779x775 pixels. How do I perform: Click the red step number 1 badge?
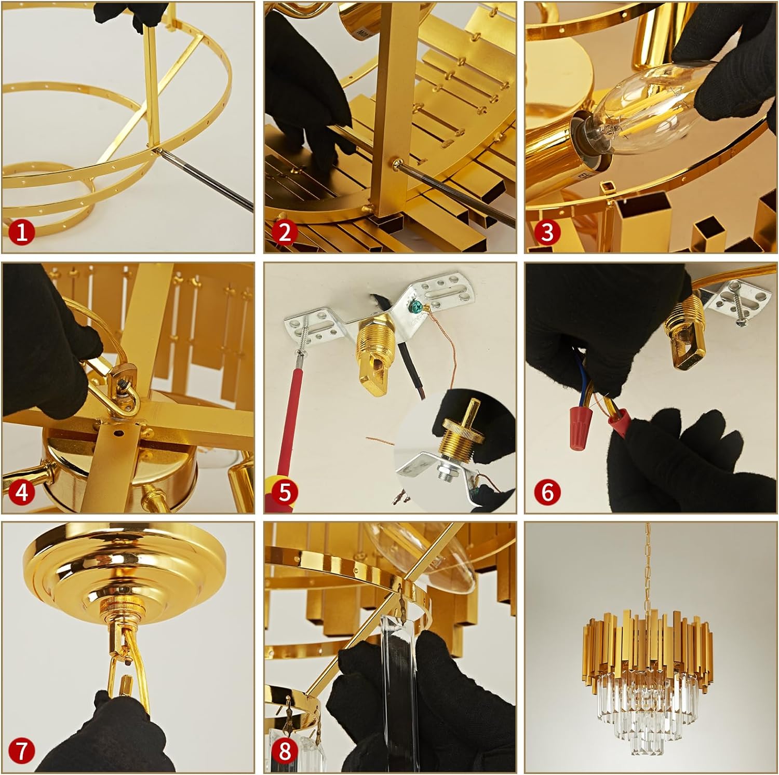21,233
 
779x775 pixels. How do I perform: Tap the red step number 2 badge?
285,233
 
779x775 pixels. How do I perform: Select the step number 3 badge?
547,233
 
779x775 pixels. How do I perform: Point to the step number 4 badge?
21,492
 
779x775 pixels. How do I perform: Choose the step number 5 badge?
285,492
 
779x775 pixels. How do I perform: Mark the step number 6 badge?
547,492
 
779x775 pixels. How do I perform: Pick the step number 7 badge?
21,751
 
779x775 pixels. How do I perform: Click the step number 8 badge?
285,751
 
